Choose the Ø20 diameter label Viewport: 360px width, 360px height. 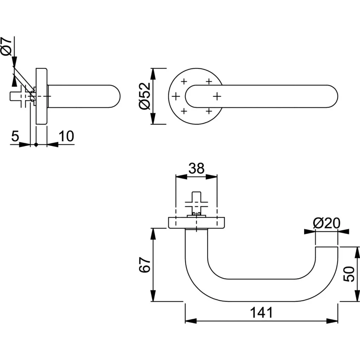[326, 223]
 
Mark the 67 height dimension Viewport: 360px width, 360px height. [144, 265]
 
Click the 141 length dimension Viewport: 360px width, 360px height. [261, 312]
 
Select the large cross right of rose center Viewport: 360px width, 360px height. [217, 96]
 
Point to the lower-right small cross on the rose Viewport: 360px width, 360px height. [209, 111]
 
